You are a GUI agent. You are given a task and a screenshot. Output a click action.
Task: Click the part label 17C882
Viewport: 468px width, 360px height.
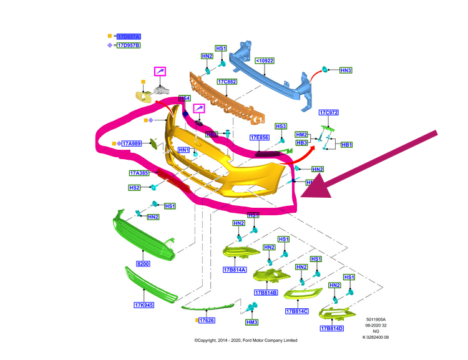227,82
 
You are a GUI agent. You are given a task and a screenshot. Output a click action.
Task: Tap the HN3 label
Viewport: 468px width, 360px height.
346,71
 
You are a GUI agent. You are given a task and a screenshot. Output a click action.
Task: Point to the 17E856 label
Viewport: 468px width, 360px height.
259,138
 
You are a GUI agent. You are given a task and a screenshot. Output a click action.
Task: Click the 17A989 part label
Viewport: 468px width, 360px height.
132,144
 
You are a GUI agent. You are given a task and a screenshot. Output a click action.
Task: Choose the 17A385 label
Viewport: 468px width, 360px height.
139,173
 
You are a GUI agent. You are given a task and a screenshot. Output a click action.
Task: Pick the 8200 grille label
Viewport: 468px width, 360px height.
144,265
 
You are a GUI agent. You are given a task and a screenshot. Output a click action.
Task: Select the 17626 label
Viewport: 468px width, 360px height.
207,320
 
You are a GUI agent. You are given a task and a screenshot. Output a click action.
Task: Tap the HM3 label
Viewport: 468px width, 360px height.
251,322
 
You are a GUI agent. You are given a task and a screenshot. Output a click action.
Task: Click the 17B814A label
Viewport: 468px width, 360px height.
235,270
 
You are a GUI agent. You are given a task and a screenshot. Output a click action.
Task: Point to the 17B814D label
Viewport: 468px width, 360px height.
332,329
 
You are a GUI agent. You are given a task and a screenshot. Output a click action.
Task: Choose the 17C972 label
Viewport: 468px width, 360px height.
328,113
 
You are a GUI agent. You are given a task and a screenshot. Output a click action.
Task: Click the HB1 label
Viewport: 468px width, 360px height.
347,145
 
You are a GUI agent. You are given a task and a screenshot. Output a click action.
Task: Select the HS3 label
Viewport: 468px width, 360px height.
280,126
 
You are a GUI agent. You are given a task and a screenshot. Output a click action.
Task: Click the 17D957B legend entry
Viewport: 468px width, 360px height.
129,46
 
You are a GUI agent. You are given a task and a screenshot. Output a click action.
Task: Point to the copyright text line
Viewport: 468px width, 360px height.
246,340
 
